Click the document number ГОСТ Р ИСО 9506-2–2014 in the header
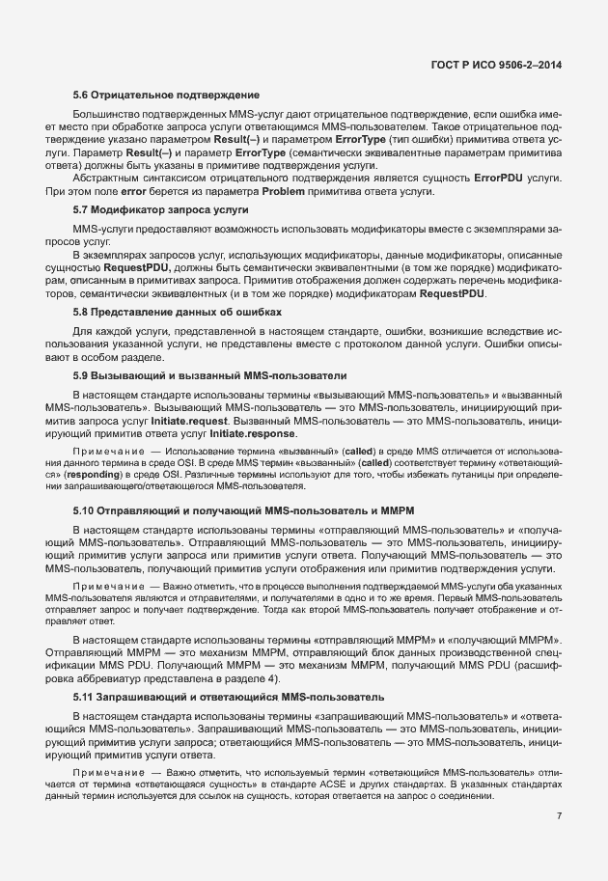pos(495,65)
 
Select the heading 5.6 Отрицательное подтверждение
pos(166,95)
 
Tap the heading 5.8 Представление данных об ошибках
pos(178,313)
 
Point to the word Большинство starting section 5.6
pos(107,115)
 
